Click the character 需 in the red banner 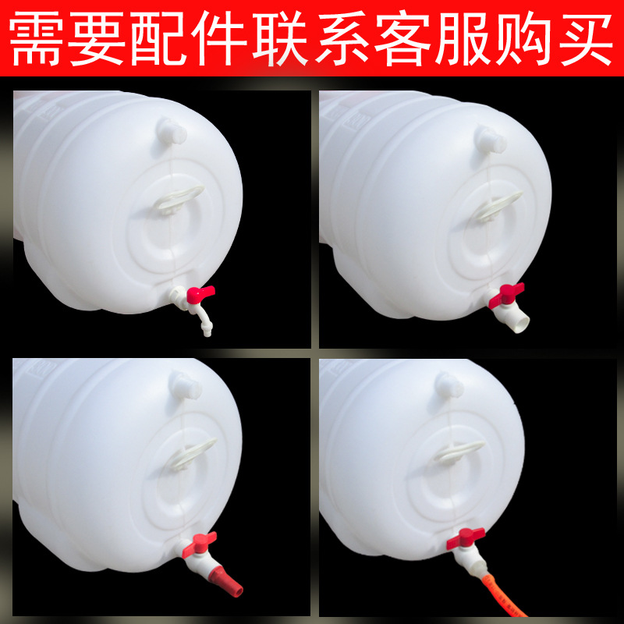click(x=34, y=38)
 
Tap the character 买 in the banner click(x=586, y=38)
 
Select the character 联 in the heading click(x=280, y=38)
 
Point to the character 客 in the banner click(x=402, y=38)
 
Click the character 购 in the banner click(x=524, y=38)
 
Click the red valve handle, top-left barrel click(x=201, y=294)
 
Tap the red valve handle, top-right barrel click(x=506, y=295)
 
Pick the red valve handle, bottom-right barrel click(x=466, y=538)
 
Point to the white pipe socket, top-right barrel click(x=515, y=320)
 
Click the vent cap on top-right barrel click(x=491, y=140)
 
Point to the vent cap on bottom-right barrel click(x=449, y=385)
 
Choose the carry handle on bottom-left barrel click(x=192, y=454)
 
